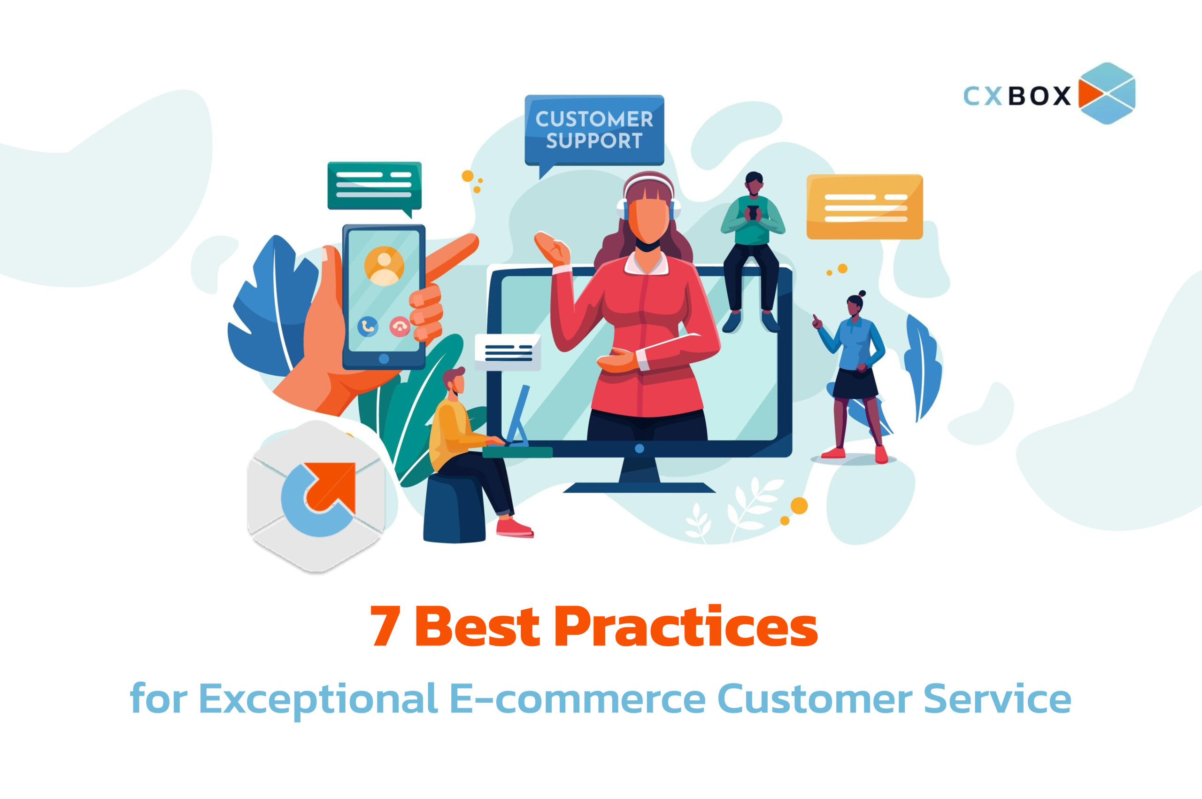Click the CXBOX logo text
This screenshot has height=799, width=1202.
coord(1017,95)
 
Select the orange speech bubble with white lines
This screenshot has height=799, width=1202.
coord(864,206)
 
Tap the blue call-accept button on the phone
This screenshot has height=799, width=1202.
coord(368,326)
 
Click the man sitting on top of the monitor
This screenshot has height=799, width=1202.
coord(752,252)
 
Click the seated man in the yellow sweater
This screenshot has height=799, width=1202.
coord(474,449)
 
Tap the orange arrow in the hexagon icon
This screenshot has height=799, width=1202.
coord(331,487)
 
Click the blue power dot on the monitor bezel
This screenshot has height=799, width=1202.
coord(640,449)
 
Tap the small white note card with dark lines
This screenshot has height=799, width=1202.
coord(508,352)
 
